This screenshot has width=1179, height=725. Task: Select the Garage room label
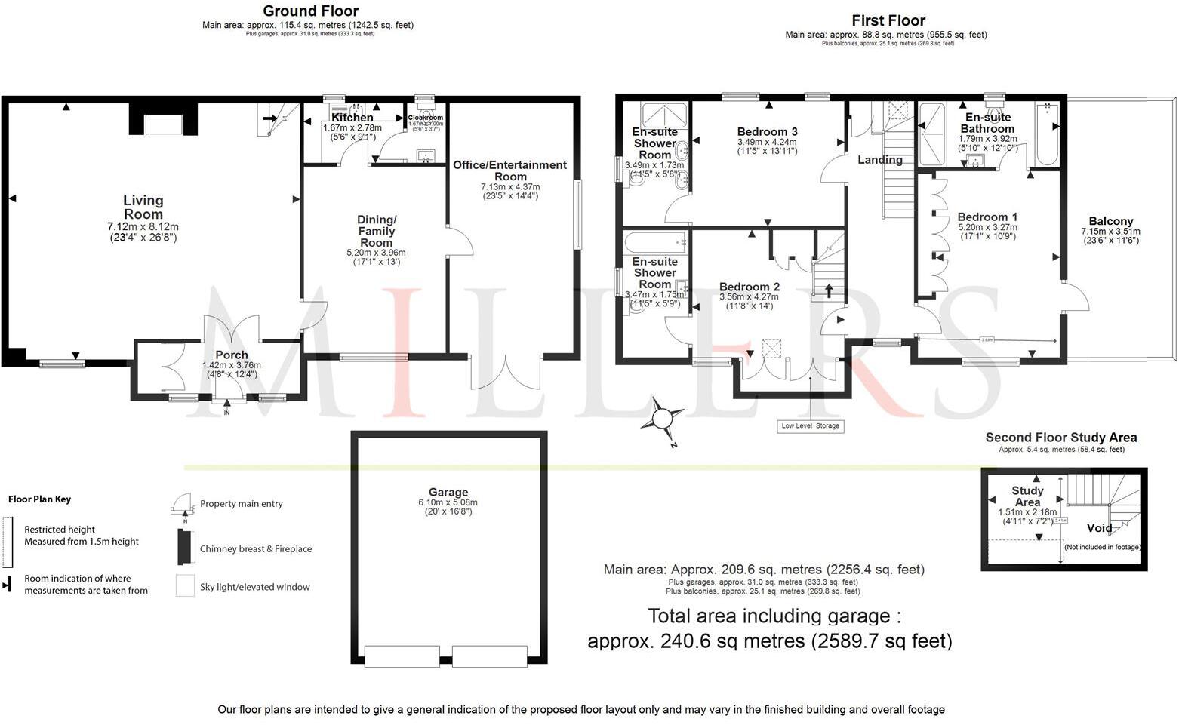[448, 492]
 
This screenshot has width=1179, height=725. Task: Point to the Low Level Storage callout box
[810, 426]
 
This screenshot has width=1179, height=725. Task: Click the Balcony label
[1110, 221]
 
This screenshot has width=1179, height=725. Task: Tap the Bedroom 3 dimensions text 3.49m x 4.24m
[767, 142]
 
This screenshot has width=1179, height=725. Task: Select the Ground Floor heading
[310, 11]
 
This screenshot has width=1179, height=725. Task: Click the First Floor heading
[888, 20]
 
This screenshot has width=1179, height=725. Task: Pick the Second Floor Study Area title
[1060, 438]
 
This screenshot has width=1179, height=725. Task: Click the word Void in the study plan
[1099, 528]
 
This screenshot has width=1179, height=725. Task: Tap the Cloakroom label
[425, 118]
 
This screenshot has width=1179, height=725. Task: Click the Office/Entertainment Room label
[509, 170]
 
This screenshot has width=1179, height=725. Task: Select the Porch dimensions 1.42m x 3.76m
[231, 365]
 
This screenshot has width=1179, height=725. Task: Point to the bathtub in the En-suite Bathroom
[1046, 137]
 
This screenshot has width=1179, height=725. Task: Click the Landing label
[879, 160]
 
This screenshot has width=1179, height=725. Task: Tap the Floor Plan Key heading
[39, 499]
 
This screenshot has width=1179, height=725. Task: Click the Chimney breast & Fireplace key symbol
[183, 547]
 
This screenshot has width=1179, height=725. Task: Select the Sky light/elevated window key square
[185, 586]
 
